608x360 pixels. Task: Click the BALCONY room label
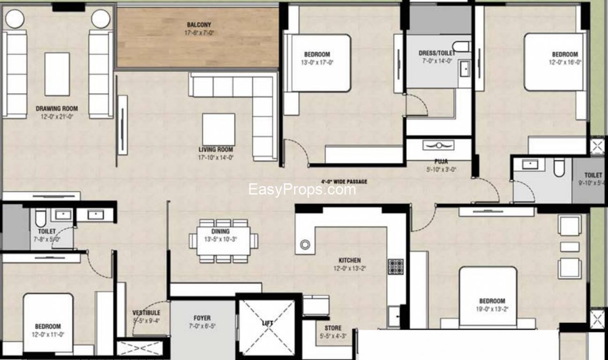[199, 25]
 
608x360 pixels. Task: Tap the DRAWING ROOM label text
[57, 109]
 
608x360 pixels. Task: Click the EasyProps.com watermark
[301, 189]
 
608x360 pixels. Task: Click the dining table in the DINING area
[223, 240]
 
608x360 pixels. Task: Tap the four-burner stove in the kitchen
[395, 266]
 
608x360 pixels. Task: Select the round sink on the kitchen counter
[305, 244]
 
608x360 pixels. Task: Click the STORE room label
[333, 328]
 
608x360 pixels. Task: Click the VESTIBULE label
[146, 313]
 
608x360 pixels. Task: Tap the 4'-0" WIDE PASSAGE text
[344, 182]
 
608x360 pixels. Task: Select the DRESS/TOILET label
[436, 53]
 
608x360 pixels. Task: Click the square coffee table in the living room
[218, 129]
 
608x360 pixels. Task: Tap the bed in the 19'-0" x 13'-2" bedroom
[488, 295]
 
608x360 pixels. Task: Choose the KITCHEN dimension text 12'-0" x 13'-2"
[350, 269]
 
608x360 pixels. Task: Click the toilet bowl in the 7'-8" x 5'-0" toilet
[41, 218]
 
